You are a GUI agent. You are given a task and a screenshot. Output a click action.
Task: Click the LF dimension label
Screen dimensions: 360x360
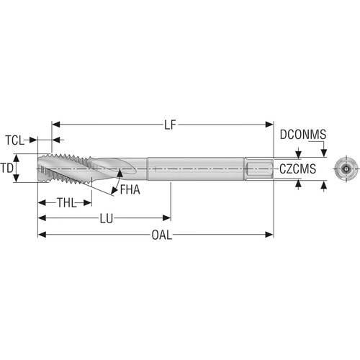tap(171, 125)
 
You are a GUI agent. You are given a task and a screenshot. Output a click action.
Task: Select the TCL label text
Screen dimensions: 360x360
tap(15, 140)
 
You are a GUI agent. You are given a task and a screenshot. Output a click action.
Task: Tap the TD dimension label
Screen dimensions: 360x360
tap(6, 168)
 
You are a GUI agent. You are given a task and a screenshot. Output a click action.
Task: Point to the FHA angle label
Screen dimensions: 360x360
tap(130, 189)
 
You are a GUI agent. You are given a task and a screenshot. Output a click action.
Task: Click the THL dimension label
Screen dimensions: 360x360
tap(66, 203)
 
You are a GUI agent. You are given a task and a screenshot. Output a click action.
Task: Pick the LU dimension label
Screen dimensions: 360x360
tap(107, 219)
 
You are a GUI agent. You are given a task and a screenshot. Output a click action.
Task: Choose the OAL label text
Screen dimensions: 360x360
tap(162, 235)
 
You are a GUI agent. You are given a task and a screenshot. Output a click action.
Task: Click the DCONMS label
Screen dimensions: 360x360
tap(303, 135)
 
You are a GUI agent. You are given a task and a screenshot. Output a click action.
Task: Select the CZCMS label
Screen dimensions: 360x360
tap(297, 169)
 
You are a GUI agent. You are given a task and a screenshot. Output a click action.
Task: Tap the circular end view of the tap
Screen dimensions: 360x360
tap(346, 169)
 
